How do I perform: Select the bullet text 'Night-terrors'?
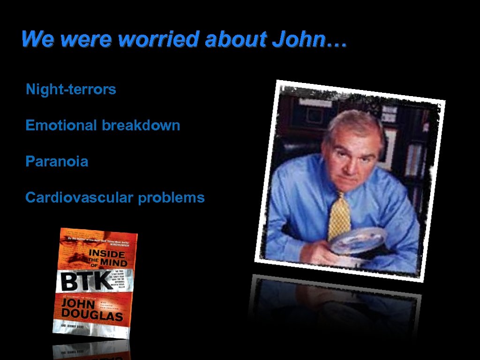click(71, 90)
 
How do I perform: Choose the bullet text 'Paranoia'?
click(57, 162)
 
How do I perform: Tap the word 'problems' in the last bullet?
click(171, 198)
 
